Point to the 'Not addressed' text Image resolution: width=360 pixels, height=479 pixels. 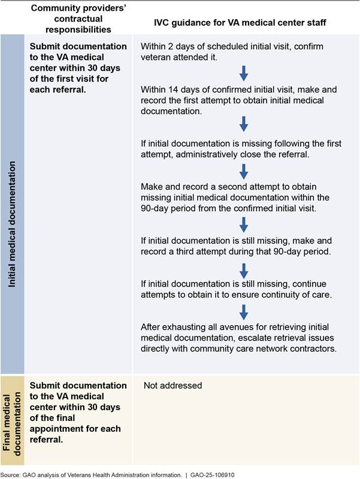coord(173,385)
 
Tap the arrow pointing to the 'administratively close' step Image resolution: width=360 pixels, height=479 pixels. coord(243,124)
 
